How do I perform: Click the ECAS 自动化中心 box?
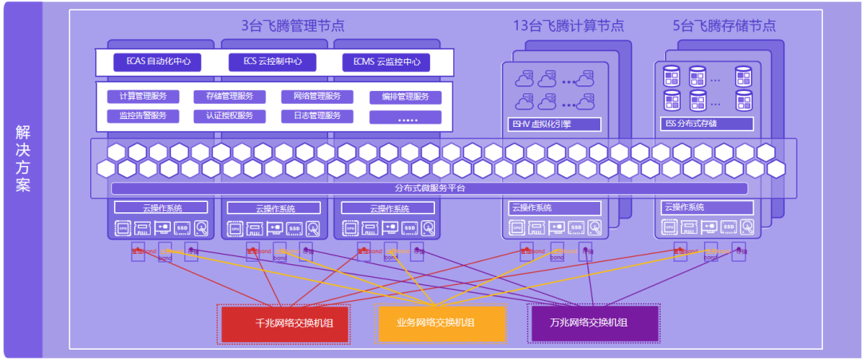157,61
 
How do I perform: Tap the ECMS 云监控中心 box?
386,61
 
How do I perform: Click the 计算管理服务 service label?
143,97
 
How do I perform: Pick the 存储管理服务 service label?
230,97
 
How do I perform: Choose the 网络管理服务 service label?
317,97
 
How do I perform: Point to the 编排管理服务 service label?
405,97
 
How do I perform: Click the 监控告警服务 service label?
143,116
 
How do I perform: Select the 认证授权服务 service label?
230,116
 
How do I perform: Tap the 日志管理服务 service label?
317,116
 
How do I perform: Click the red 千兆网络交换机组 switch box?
284,323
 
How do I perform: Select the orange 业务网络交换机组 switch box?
441,322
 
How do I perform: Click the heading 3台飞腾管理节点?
293,26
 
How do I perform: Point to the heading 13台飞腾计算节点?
568,26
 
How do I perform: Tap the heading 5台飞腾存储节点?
724,26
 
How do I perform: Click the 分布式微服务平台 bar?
429,188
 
